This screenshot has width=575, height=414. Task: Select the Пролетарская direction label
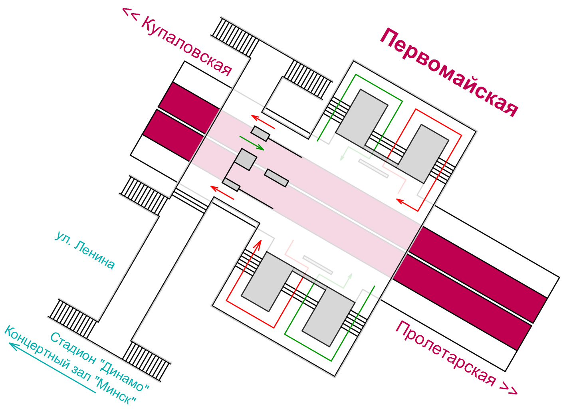[x=455, y=358]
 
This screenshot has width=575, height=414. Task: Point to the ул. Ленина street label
[x=85, y=250]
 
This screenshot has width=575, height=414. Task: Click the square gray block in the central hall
[x=245, y=159]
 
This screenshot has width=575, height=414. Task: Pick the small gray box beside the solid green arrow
[x=260, y=133]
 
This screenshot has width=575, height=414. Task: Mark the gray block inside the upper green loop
[x=362, y=118]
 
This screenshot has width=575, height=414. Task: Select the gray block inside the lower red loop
[x=267, y=281]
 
